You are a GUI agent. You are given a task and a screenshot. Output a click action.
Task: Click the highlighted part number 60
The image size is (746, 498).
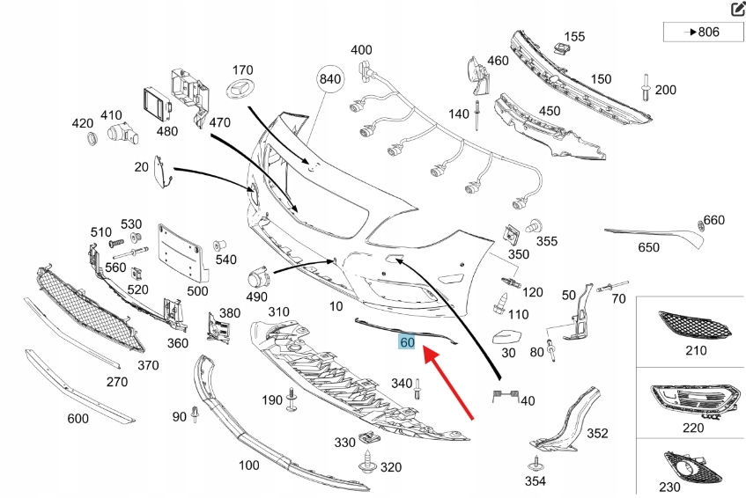coord(407,341)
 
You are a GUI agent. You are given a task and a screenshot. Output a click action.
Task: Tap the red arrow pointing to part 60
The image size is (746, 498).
coord(450,381)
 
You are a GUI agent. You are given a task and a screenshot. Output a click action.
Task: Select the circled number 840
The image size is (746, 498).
coord(329,79)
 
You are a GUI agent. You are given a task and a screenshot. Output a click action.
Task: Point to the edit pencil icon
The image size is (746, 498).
coord(737,10)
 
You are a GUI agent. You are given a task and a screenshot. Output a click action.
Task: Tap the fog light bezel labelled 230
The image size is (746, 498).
coord(691,466)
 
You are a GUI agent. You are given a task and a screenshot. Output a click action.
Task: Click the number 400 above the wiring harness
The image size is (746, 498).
coord(361,49)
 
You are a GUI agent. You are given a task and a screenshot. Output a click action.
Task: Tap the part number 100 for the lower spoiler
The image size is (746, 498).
coord(249,465)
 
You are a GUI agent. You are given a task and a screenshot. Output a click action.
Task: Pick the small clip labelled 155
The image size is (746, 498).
coord(558,47)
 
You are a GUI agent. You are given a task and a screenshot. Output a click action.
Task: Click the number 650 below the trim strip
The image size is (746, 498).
coord(648,247)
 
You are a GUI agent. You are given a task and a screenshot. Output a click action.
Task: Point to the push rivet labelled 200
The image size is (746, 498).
coord(647,89)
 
